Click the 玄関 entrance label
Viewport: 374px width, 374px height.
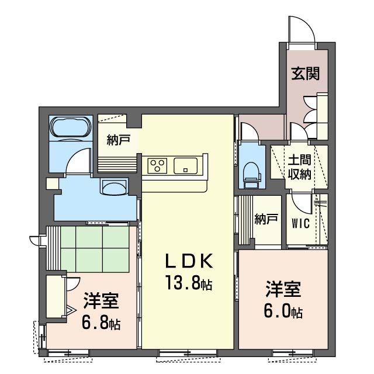point(305,74)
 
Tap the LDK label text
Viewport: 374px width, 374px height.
point(189,261)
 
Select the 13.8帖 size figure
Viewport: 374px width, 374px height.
point(189,282)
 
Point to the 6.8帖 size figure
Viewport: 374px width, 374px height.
point(101,322)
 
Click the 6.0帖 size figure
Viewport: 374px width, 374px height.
point(283,310)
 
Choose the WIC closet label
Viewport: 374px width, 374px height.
point(300,223)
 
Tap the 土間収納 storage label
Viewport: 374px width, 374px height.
point(299,168)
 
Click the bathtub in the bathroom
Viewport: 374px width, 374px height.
point(71,127)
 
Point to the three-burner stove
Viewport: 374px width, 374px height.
point(157,165)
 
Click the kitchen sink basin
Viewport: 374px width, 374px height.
point(186,166)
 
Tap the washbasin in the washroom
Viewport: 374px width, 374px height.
point(115,188)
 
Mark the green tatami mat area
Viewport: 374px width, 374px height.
point(95,248)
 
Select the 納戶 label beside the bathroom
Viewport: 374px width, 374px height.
point(118,140)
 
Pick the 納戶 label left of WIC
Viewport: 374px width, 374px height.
point(266,219)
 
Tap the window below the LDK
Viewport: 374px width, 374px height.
point(188,353)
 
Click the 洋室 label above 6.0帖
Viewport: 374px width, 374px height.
point(283,289)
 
